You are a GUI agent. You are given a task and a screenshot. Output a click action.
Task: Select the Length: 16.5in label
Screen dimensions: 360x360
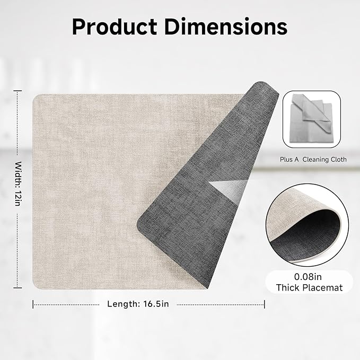coord(138,304)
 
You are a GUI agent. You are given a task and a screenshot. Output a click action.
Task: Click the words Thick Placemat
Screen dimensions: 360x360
coord(310,288)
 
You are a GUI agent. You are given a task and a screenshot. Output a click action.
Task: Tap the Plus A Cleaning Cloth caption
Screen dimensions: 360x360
coord(313,159)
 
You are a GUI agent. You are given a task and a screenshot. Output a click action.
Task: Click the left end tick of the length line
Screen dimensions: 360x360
coord(33,304)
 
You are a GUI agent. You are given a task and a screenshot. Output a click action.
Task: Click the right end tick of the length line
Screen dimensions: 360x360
coord(265,304)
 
